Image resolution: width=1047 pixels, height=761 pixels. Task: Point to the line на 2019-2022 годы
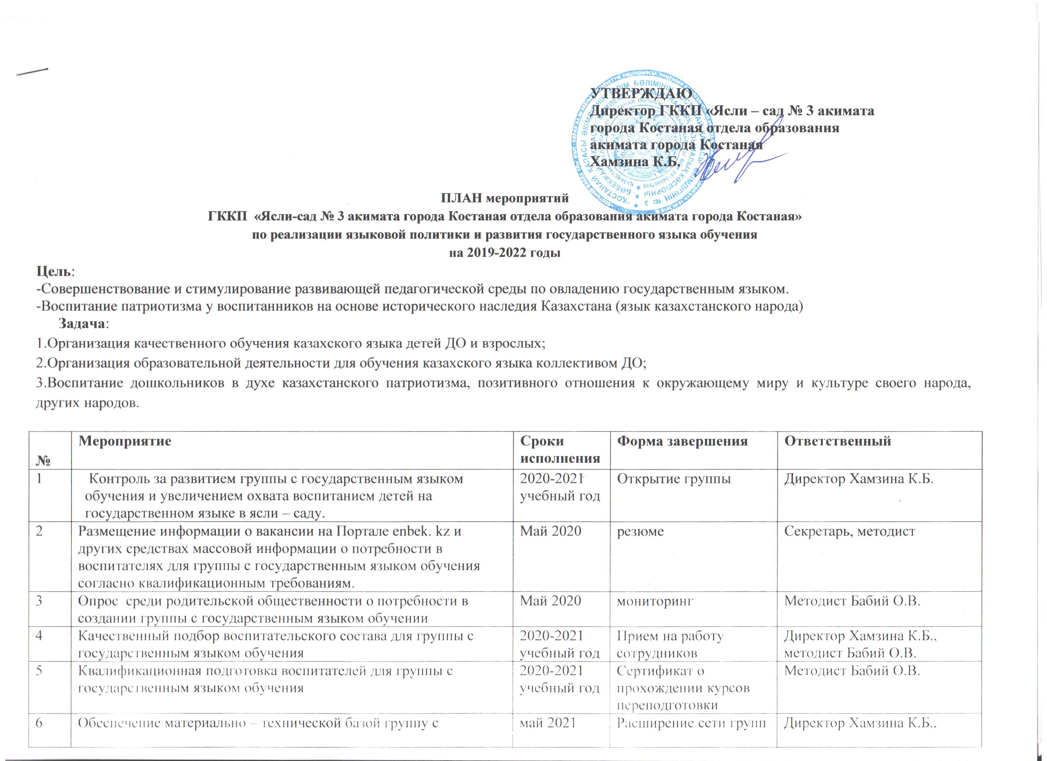click(505, 253)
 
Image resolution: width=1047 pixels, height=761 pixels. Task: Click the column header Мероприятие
click(125, 441)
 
